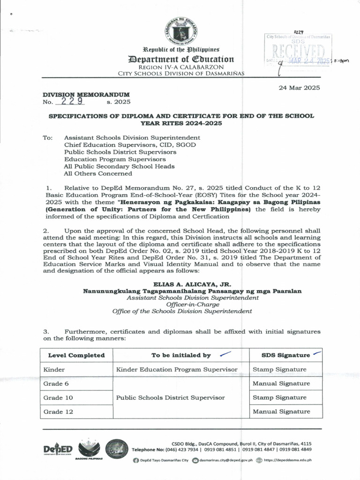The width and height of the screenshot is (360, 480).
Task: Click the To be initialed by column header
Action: [x=181, y=355]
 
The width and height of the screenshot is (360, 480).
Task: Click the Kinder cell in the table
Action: [x=54, y=369]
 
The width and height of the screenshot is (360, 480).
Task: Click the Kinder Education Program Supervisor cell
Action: [x=177, y=369]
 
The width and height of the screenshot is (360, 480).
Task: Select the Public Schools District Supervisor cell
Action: [x=170, y=397]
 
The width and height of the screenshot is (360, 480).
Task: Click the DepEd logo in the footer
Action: [x=57, y=450]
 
